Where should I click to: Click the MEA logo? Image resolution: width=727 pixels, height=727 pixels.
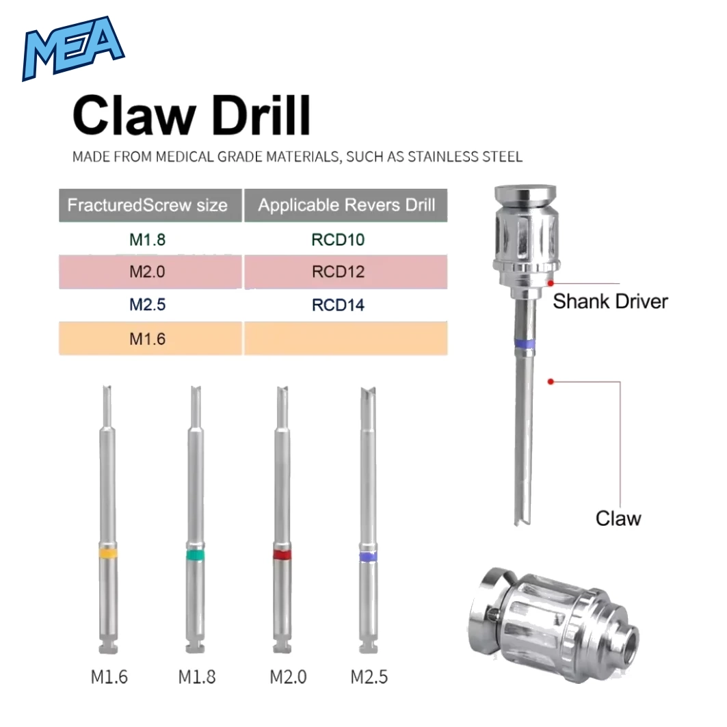(73, 49)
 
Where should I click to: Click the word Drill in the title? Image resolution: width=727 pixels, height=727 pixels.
(262, 115)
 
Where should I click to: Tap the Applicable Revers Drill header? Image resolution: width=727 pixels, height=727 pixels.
(346, 205)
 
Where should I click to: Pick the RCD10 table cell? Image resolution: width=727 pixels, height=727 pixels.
(338, 239)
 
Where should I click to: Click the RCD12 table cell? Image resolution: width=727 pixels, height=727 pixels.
(338, 272)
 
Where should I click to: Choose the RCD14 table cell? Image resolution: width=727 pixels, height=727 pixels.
(338, 305)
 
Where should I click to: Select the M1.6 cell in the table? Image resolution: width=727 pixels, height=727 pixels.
(148, 339)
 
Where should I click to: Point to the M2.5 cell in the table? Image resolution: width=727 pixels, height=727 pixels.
(148, 304)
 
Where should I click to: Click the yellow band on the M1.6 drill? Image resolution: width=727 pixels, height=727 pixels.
(107, 553)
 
